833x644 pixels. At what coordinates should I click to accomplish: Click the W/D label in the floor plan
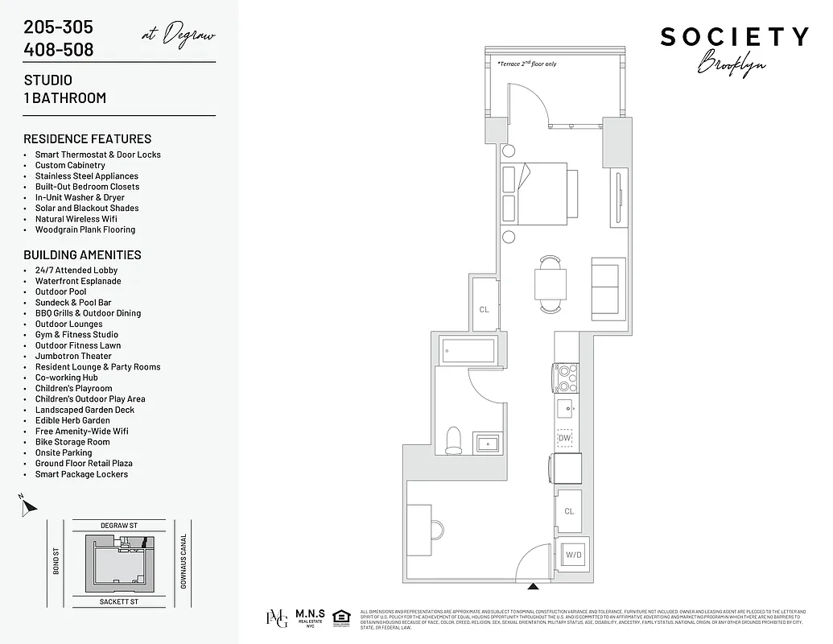(x=574, y=555)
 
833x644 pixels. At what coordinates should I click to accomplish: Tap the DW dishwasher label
(x=565, y=438)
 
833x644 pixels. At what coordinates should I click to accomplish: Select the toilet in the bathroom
(x=453, y=439)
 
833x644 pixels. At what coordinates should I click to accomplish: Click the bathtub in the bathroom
(x=468, y=350)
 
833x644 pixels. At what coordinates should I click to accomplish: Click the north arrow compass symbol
(x=29, y=507)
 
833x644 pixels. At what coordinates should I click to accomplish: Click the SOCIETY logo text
(x=734, y=37)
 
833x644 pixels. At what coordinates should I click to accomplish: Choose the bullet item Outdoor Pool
(x=60, y=291)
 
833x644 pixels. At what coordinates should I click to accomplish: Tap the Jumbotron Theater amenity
(x=73, y=356)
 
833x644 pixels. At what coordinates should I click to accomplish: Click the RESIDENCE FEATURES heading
(x=87, y=138)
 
